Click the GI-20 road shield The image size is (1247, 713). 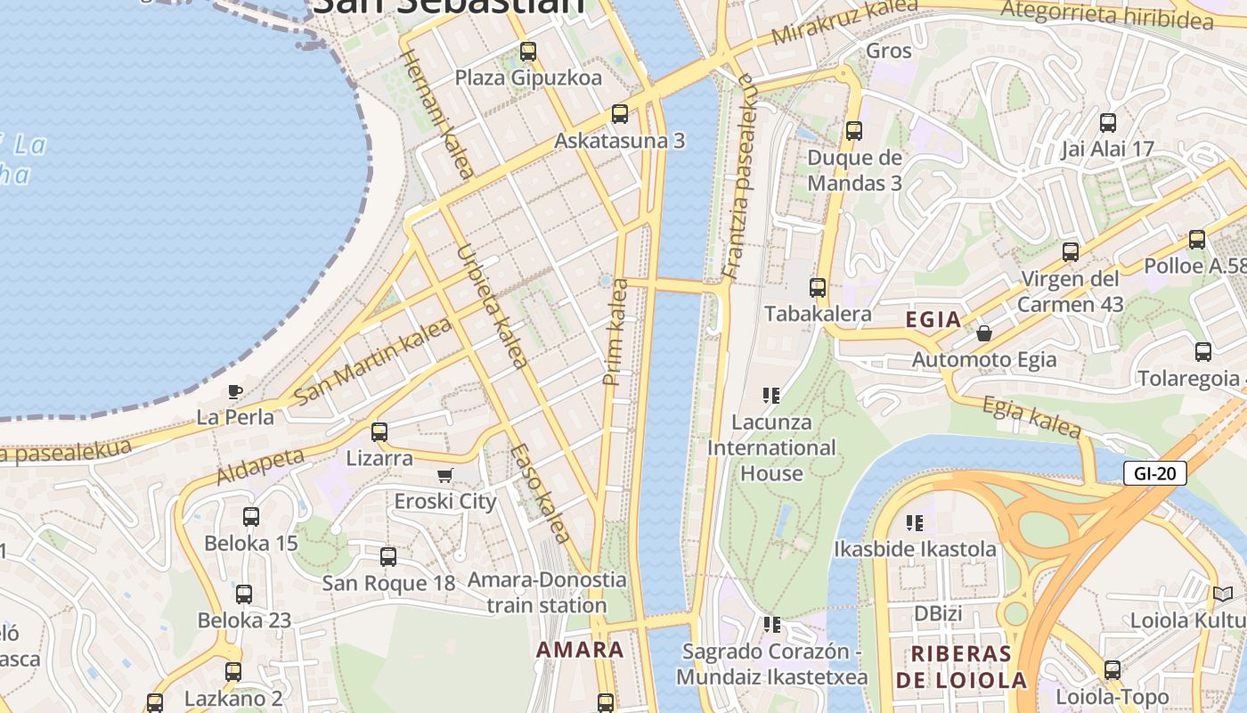(x=1154, y=473)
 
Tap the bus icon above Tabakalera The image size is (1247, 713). (x=817, y=288)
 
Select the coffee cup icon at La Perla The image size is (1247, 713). (x=234, y=391)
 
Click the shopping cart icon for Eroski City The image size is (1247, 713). (x=444, y=475)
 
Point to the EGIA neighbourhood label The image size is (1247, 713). (x=933, y=320)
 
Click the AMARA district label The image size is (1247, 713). (x=580, y=650)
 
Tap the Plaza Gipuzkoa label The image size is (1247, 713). (x=528, y=78)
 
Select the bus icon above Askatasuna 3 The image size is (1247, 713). (x=619, y=114)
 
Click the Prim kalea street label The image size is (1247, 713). (x=615, y=332)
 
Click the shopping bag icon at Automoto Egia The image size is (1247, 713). (x=983, y=333)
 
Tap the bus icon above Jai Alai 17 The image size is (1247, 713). (x=1107, y=123)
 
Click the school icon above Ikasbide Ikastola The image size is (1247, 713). (x=914, y=522)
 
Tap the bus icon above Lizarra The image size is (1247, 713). (x=379, y=432)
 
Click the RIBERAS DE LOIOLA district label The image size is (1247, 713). (x=961, y=667)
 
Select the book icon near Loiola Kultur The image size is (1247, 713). (x=1223, y=594)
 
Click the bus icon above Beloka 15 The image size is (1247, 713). (x=250, y=516)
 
